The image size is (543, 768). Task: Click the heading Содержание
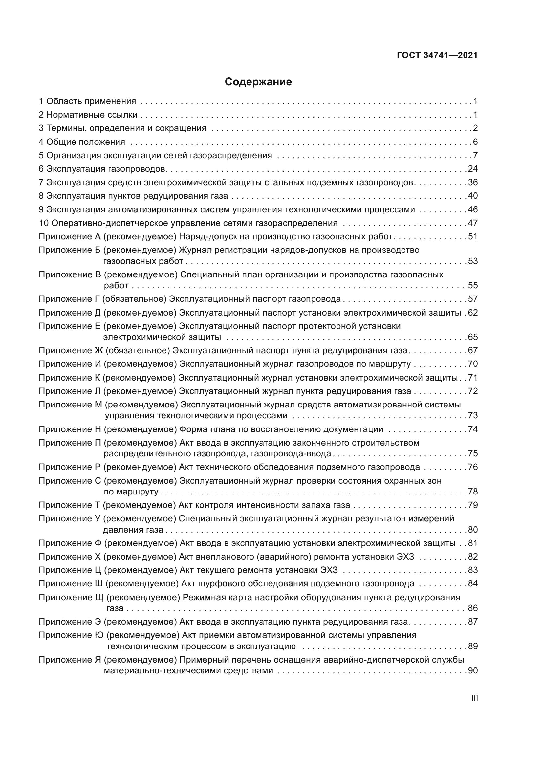coord(258,82)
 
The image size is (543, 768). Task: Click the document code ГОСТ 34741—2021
coord(437,55)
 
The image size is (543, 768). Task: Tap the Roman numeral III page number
coord(474,699)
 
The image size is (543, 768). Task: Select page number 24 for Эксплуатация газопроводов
coord(473,169)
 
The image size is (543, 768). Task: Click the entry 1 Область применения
coord(87,101)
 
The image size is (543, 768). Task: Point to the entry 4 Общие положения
coord(82,142)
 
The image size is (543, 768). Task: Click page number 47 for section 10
coord(473,223)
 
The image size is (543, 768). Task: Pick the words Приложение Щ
coord(72,597)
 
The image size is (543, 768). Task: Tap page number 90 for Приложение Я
coord(473,671)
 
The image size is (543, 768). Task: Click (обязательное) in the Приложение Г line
coord(134,299)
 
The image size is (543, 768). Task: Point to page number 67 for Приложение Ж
coord(473,351)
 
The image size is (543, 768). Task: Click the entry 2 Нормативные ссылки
coord(88,115)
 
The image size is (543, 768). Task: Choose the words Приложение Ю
coord(72,635)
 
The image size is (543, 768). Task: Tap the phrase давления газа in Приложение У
coord(133,530)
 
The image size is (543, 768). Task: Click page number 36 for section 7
coord(473,183)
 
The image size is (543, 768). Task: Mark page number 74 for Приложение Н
coord(473,429)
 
